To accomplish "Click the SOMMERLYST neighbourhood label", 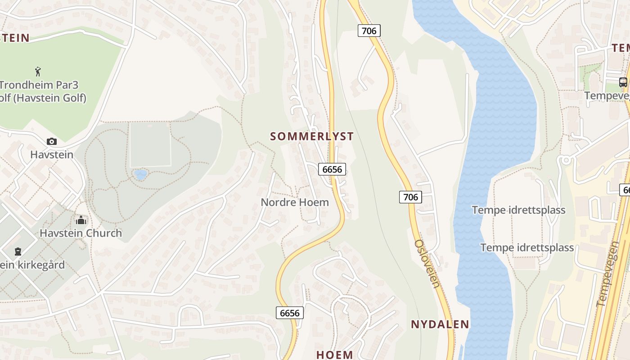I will [312, 136].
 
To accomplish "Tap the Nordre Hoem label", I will [295, 202].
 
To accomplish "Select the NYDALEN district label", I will [440, 324].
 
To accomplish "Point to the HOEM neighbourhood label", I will [334, 354].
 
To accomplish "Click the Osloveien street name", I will [427, 263].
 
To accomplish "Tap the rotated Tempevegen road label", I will [608, 274].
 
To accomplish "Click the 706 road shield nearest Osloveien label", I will [410, 197].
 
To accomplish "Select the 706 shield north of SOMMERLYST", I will [369, 31].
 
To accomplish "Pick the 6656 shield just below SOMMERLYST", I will [333, 169].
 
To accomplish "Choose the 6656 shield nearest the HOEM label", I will [289, 313].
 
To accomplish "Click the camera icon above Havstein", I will [52, 141].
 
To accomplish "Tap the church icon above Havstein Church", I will [81, 220].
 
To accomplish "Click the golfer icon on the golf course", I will [38, 71].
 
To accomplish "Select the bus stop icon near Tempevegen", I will [623, 82].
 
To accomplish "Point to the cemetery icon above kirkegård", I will [18, 251].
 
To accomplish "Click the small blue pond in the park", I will [140, 174].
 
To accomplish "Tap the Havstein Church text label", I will [81, 233].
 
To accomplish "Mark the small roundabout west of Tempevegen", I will [566, 160].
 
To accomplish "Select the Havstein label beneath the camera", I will [52, 154].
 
